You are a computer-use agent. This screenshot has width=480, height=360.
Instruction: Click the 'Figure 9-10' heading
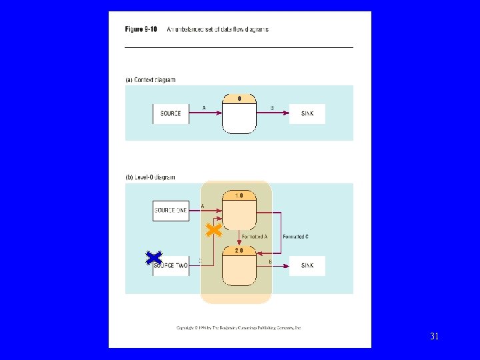pyautogui.click(x=141, y=29)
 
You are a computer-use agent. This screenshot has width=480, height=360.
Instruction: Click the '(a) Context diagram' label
pyautogui.click(x=150, y=80)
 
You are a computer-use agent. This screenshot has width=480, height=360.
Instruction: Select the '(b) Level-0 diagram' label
pyautogui.click(x=151, y=177)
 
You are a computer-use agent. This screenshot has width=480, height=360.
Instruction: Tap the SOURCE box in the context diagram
pyautogui.click(x=171, y=114)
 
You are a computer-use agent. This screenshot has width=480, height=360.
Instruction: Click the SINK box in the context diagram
pyautogui.click(x=307, y=114)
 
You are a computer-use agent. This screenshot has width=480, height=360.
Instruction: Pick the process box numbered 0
pyautogui.click(x=239, y=114)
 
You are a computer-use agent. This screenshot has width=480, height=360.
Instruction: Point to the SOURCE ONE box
pyautogui.click(x=171, y=211)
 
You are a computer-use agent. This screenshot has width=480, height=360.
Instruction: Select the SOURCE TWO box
pyautogui.click(x=171, y=265)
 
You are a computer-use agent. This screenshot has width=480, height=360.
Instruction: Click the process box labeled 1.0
pyautogui.click(x=239, y=211)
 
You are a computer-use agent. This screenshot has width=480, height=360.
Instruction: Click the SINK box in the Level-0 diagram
pyautogui.click(x=307, y=265)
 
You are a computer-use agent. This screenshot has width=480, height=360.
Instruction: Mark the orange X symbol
pyautogui.click(x=213, y=231)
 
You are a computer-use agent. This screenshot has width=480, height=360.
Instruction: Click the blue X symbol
pyautogui.click(x=154, y=259)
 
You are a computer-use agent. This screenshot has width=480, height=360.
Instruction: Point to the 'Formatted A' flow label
pyautogui.click(x=254, y=237)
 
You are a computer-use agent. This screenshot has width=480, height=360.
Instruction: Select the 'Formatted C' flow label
pyautogui.click(x=295, y=237)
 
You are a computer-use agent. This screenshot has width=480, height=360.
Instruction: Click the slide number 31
pyautogui.click(x=434, y=337)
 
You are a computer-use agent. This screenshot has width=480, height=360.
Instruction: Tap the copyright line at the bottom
pyautogui.click(x=239, y=328)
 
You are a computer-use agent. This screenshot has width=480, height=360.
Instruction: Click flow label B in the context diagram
pyautogui.click(x=272, y=108)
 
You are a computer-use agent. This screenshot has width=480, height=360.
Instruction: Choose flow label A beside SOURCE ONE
pyautogui.click(x=203, y=206)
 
